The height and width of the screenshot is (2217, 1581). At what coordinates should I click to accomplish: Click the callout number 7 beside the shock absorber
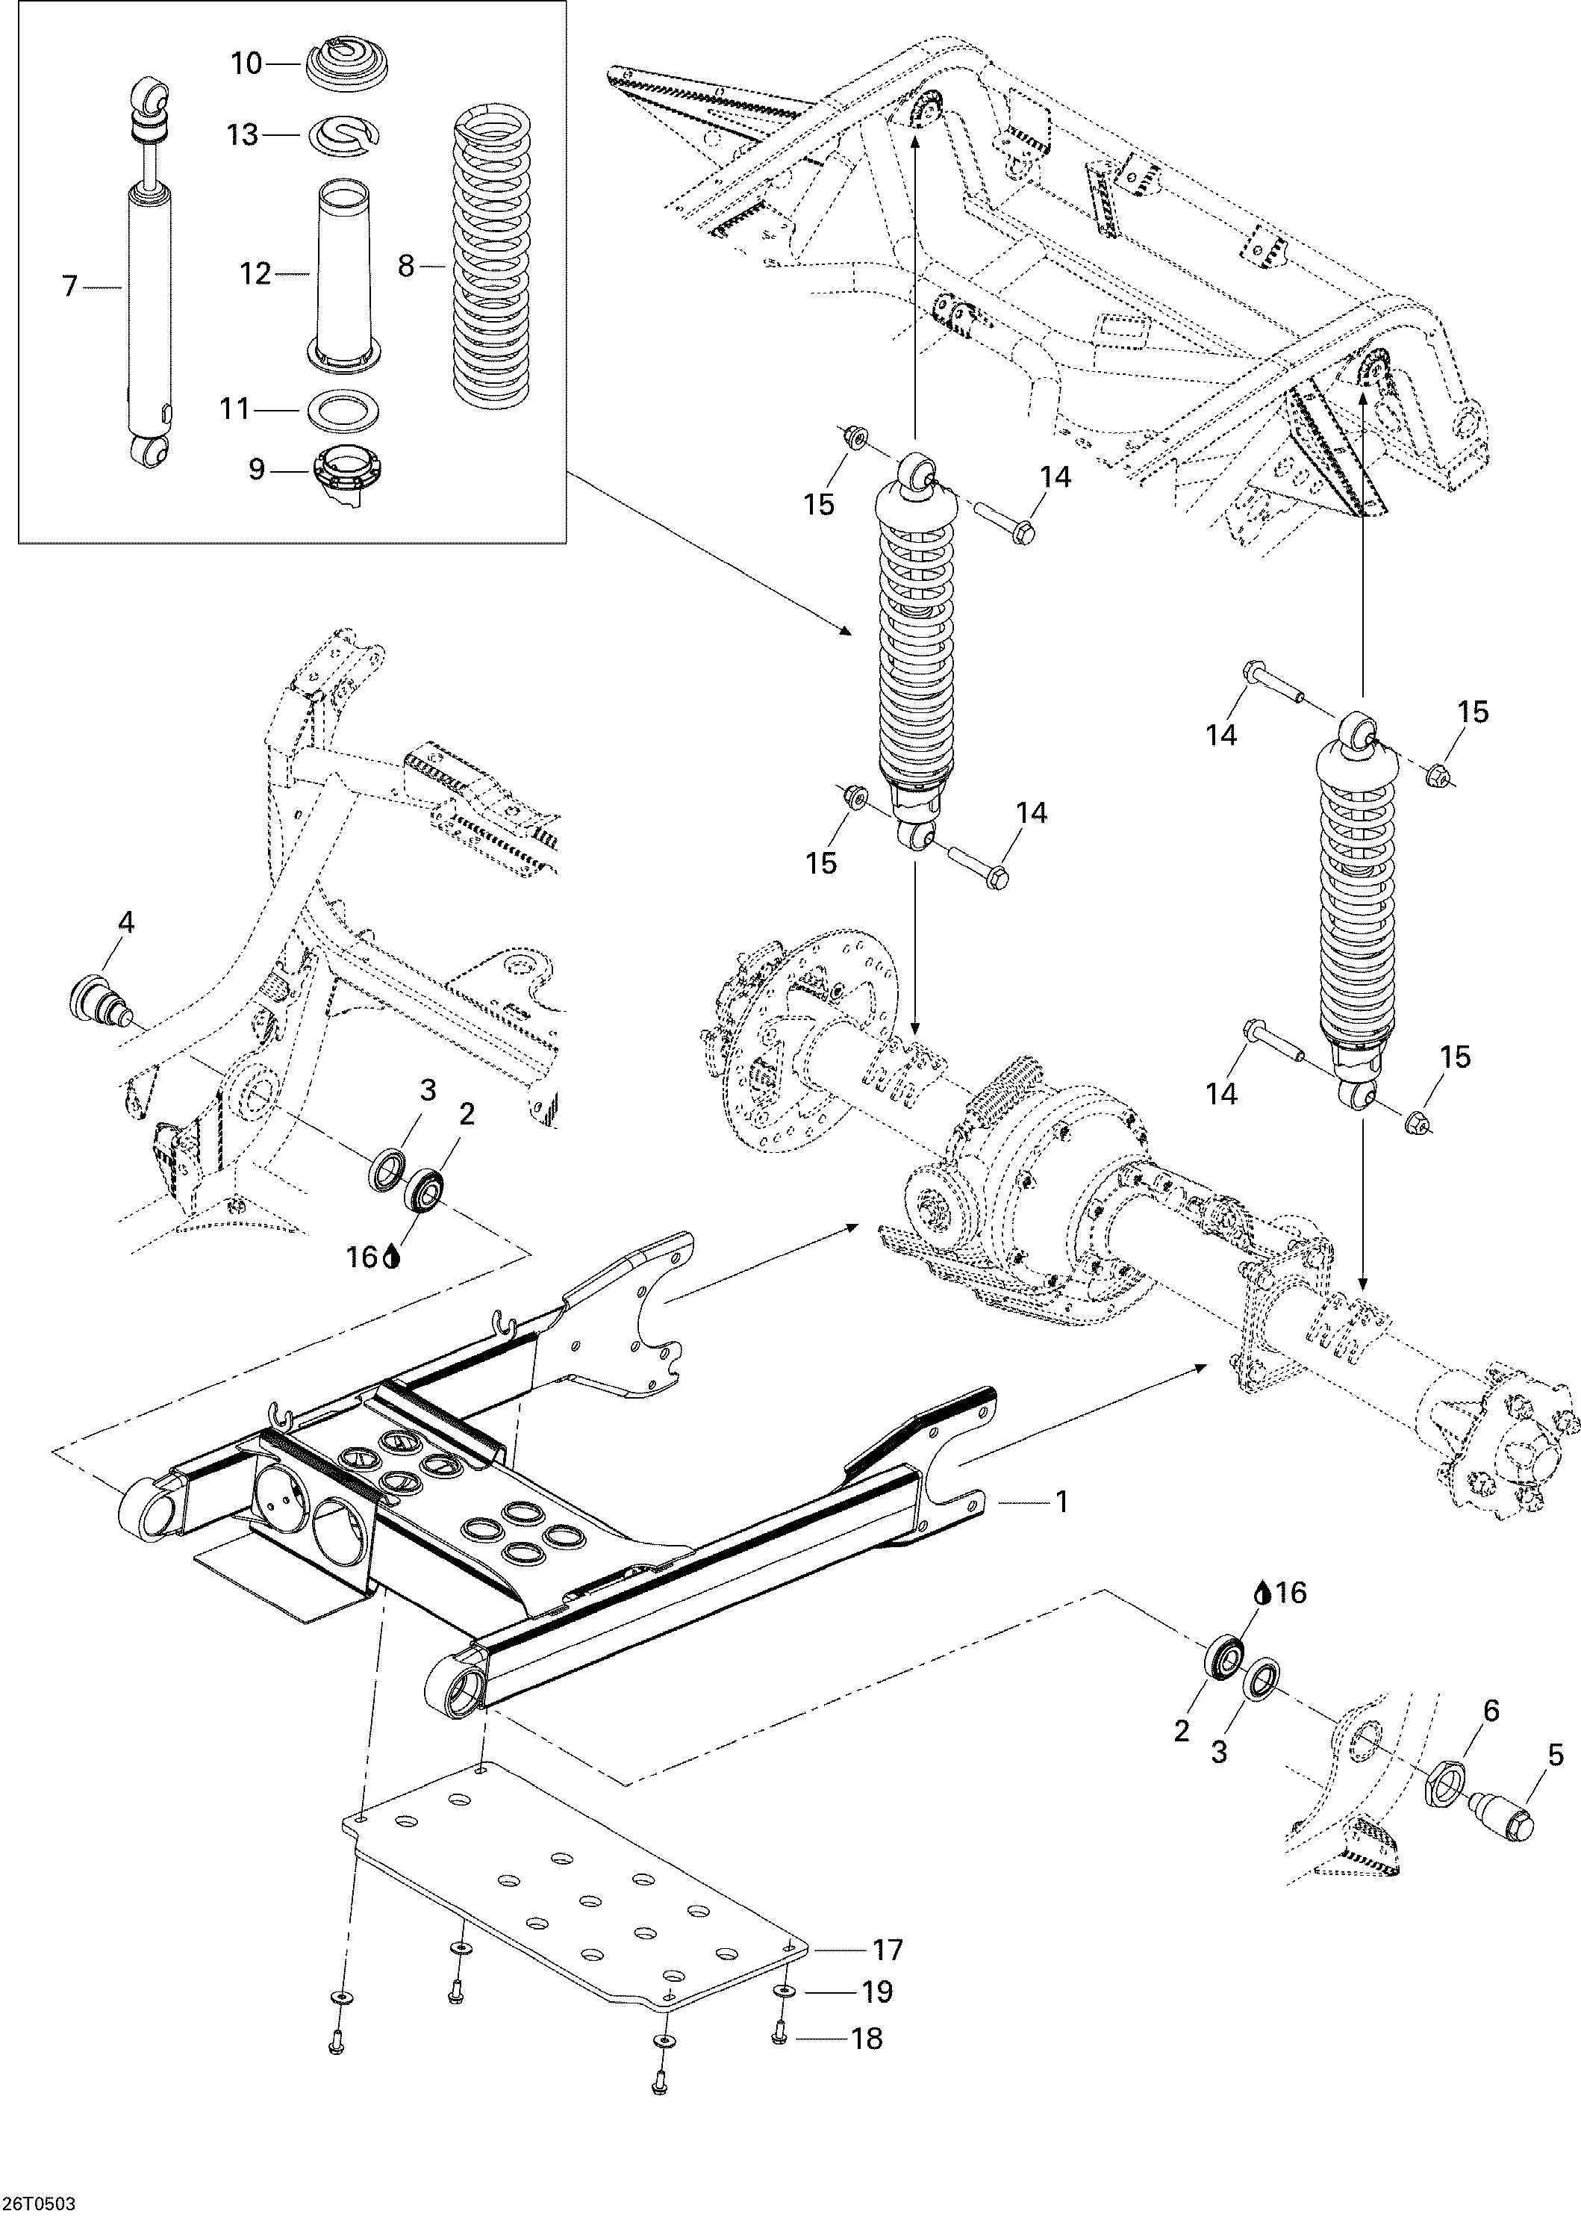pyautogui.click(x=69, y=287)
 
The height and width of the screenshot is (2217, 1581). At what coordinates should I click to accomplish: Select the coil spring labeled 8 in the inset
pyautogui.click(x=493, y=263)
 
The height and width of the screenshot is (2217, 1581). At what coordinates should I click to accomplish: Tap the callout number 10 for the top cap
pyautogui.click(x=246, y=64)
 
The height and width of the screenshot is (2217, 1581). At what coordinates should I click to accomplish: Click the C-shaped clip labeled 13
pyautogui.click(x=343, y=134)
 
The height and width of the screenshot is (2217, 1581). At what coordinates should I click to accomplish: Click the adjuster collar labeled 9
pyautogui.click(x=346, y=472)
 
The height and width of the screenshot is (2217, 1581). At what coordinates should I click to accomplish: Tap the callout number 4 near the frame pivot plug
pyautogui.click(x=125, y=921)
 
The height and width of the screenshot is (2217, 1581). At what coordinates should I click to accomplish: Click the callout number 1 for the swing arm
pyautogui.click(x=1062, y=1502)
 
